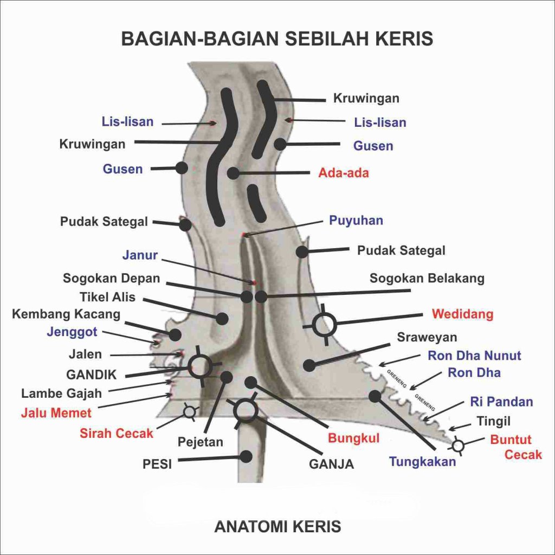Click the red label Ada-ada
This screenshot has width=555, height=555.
coord(344,173)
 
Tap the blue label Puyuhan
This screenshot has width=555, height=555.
coord(356,221)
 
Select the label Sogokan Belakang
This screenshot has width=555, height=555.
coord(427,279)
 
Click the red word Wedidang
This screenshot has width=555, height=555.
coord(462,314)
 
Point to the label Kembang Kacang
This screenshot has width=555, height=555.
coord(66,314)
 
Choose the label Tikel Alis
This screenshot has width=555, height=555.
coord(107,297)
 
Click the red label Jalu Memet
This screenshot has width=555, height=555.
coord(56,413)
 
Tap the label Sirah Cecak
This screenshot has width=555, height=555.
coord(117,434)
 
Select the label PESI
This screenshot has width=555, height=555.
coord(158,464)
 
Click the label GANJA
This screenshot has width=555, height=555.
coord(331,464)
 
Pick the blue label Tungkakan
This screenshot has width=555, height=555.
coord(423,462)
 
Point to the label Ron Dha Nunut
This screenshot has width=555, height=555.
coord(474,356)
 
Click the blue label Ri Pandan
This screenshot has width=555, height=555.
coord(501,402)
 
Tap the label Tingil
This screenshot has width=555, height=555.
coord(493,421)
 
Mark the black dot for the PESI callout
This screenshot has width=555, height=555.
coord(246,456)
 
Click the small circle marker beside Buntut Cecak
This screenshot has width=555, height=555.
coord(458,446)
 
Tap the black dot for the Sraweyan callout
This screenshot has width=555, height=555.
coord(309,365)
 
